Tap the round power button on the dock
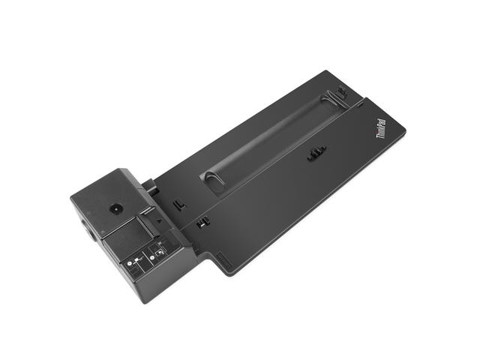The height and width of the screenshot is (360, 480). tap(116, 210)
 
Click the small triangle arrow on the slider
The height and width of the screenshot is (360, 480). tap(159, 220)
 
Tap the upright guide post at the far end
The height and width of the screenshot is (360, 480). tap(341, 91)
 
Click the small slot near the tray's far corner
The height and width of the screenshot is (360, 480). tap(360, 105)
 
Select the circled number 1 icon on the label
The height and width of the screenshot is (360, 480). tap(130, 263)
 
